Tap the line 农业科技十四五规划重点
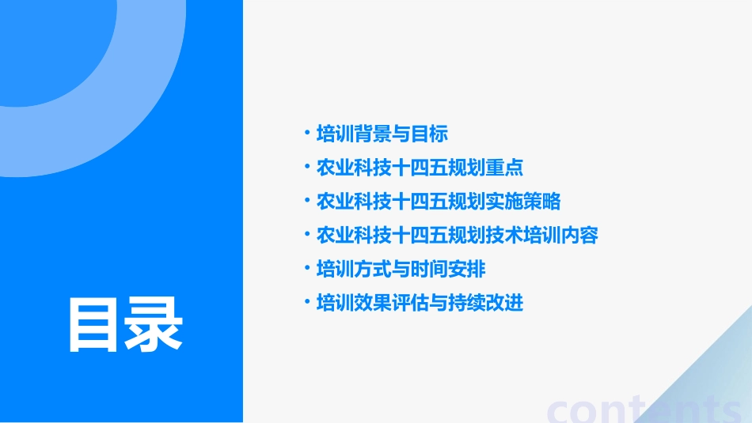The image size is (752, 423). point(420,168)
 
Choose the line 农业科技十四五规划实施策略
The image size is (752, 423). point(439,202)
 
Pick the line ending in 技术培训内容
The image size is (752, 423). point(457,236)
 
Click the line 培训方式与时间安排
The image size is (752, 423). point(401,269)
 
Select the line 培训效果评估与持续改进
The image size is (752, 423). point(420,303)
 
